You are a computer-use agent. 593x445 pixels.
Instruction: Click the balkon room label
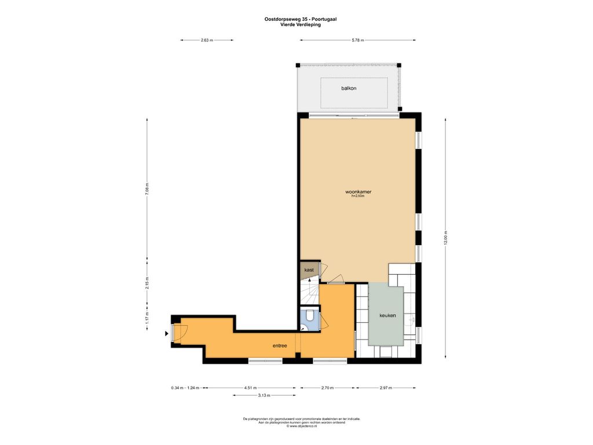tap(349, 88)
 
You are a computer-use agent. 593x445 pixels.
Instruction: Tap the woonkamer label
tap(358, 192)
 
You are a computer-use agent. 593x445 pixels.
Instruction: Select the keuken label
tap(387, 315)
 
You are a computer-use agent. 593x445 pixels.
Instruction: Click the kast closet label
tap(309, 270)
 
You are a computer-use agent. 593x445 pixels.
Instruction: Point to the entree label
tap(280, 345)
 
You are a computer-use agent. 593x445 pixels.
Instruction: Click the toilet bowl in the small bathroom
tap(310, 315)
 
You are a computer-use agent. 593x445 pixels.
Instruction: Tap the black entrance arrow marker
tap(166, 333)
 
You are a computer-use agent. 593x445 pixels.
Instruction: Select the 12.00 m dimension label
tap(446, 238)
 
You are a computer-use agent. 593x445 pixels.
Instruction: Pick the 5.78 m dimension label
tap(358, 40)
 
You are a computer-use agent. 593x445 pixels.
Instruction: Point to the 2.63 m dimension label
tap(207, 40)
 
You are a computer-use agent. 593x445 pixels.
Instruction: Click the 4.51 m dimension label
tap(250, 388)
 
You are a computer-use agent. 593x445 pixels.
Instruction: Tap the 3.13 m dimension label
tap(264, 395)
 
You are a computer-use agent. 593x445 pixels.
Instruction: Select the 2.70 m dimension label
tap(328, 388)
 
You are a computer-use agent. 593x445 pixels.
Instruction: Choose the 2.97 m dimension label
tap(386, 388)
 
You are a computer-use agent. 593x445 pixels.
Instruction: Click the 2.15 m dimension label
tap(147, 283)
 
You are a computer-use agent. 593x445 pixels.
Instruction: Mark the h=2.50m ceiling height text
tap(358, 196)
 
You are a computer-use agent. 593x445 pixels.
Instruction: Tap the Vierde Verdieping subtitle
tap(301, 24)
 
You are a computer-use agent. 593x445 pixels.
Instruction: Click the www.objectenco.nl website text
tap(301, 426)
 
